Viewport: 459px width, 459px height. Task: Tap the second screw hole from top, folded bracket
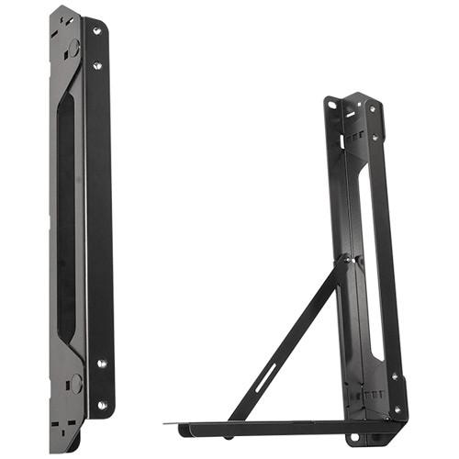[97, 65]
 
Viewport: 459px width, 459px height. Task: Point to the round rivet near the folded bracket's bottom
[76, 381]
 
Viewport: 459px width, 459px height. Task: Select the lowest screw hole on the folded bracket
[102, 404]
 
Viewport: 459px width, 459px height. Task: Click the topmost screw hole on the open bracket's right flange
[373, 106]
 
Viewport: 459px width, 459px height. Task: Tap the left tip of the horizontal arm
[170, 423]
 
